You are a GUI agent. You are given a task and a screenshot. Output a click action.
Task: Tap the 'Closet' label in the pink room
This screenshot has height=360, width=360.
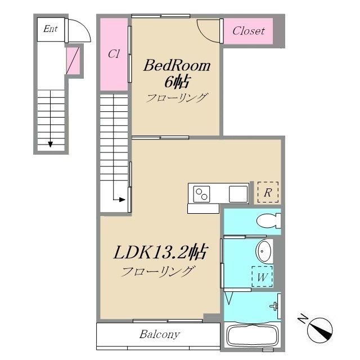point(248,31)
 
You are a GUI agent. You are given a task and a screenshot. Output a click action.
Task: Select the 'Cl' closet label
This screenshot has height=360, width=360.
point(114,55)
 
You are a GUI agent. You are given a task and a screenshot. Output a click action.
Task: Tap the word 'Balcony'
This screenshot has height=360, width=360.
point(160,335)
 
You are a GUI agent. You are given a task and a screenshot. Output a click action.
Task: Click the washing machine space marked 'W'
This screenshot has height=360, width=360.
point(262,277)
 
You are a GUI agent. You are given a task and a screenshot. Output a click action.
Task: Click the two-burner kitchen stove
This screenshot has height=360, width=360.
point(201,194)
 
